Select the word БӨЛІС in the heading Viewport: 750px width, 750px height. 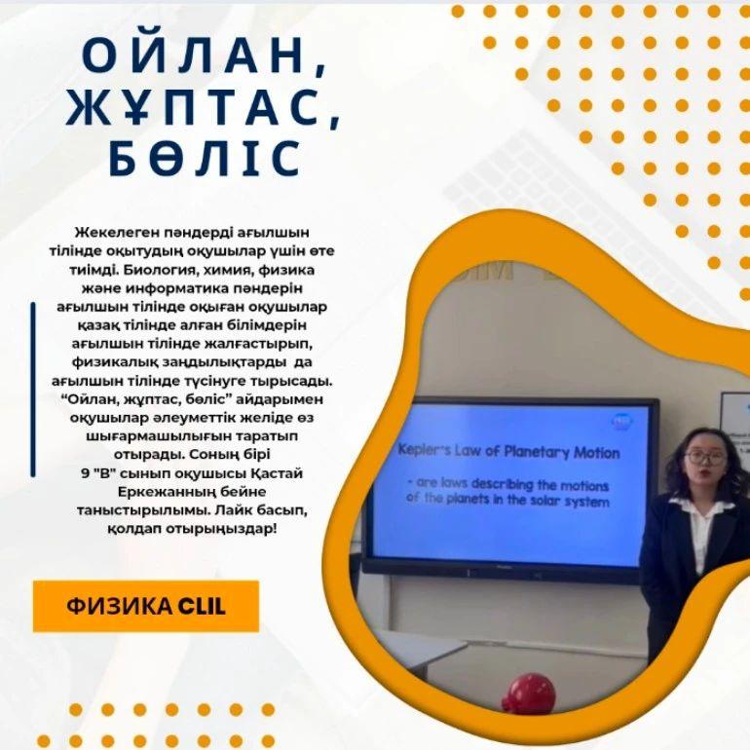pos(205,158)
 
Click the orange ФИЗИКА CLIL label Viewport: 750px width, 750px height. pos(146,606)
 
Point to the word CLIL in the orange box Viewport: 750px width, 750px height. pos(202,607)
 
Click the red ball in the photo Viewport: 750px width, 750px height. pos(530,693)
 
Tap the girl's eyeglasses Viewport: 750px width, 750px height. pos(705,458)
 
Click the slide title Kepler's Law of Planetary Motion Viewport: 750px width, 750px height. pos(508,452)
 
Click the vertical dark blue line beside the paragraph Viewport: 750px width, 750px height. pos(33,390)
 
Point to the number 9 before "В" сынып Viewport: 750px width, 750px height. pos(85,473)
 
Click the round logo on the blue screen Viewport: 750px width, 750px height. pos(622,422)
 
